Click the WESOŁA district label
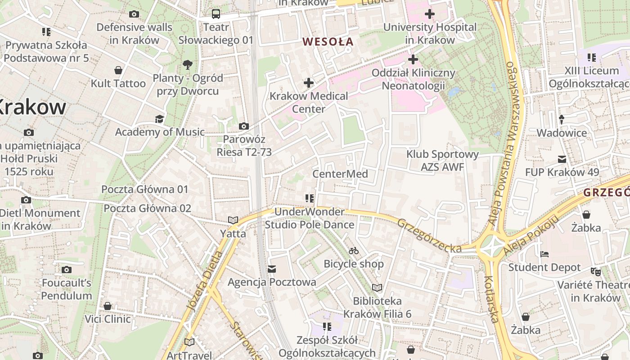click(328, 42)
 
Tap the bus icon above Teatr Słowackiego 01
click(216, 13)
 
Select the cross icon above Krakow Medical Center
click(308, 82)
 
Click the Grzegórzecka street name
click(429, 236)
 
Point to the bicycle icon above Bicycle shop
click(354, 251)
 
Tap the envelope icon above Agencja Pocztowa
click(271, 269)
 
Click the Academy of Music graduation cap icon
click(159, 119)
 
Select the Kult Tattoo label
click(118, 83)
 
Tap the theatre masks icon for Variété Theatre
click(595, 271)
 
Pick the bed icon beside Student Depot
click(544, 254)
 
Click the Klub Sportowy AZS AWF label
click(442, 161)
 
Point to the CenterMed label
click(340, 174)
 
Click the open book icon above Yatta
click(233, 220)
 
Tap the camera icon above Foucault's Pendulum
click(67, 270)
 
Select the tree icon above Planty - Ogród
click(188, 65)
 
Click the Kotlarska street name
click(491, 299)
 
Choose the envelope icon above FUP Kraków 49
click(562, 159)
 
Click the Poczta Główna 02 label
click(148, 208)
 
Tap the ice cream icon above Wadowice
click(562, 120)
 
